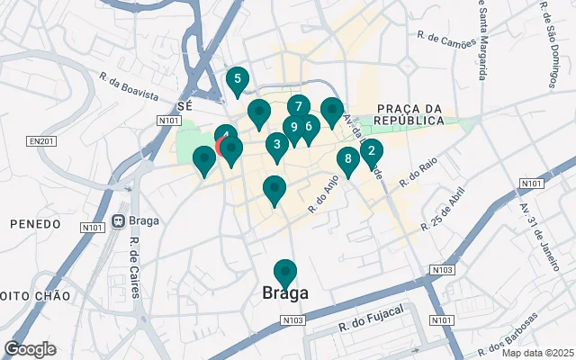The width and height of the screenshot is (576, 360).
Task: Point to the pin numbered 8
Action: pyautogui.click(x=348, y=160)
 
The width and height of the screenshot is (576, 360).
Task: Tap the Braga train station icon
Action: pyautogui.click(x=119, y=222)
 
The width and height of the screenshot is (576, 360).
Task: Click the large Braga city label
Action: pyautogui.click(x=285, y=293)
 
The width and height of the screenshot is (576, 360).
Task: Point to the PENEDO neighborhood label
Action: pyautogui.click(x=34, y=222)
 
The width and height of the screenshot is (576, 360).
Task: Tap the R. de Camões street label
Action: pyautogui.click(x=445, y=38)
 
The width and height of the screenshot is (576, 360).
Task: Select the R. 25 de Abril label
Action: pyautogui.click(x=446, y=209)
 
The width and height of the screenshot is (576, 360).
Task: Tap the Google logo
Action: pyautogui.click(x=30, y=349)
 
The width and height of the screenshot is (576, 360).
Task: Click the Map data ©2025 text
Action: pyautogui.click(x=537, y=353)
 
